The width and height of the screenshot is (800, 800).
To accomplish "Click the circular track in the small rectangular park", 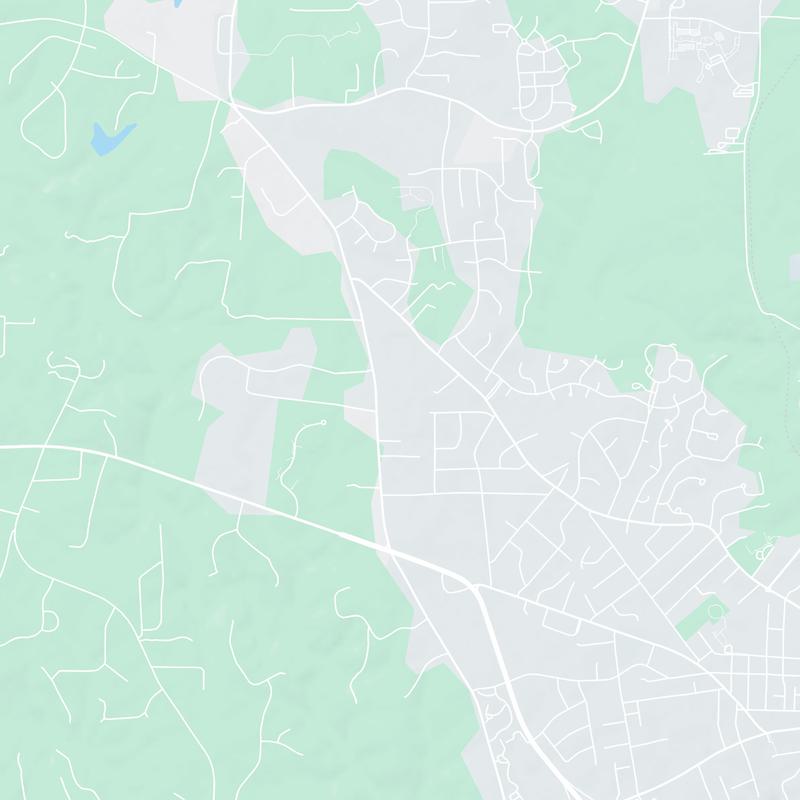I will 714,609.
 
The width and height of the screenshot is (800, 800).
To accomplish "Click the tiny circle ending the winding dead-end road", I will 323,424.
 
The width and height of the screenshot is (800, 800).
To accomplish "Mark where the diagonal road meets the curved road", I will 232,102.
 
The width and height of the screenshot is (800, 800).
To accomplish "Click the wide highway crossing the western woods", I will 200,480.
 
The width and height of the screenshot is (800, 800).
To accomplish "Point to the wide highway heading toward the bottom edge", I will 520,720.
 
